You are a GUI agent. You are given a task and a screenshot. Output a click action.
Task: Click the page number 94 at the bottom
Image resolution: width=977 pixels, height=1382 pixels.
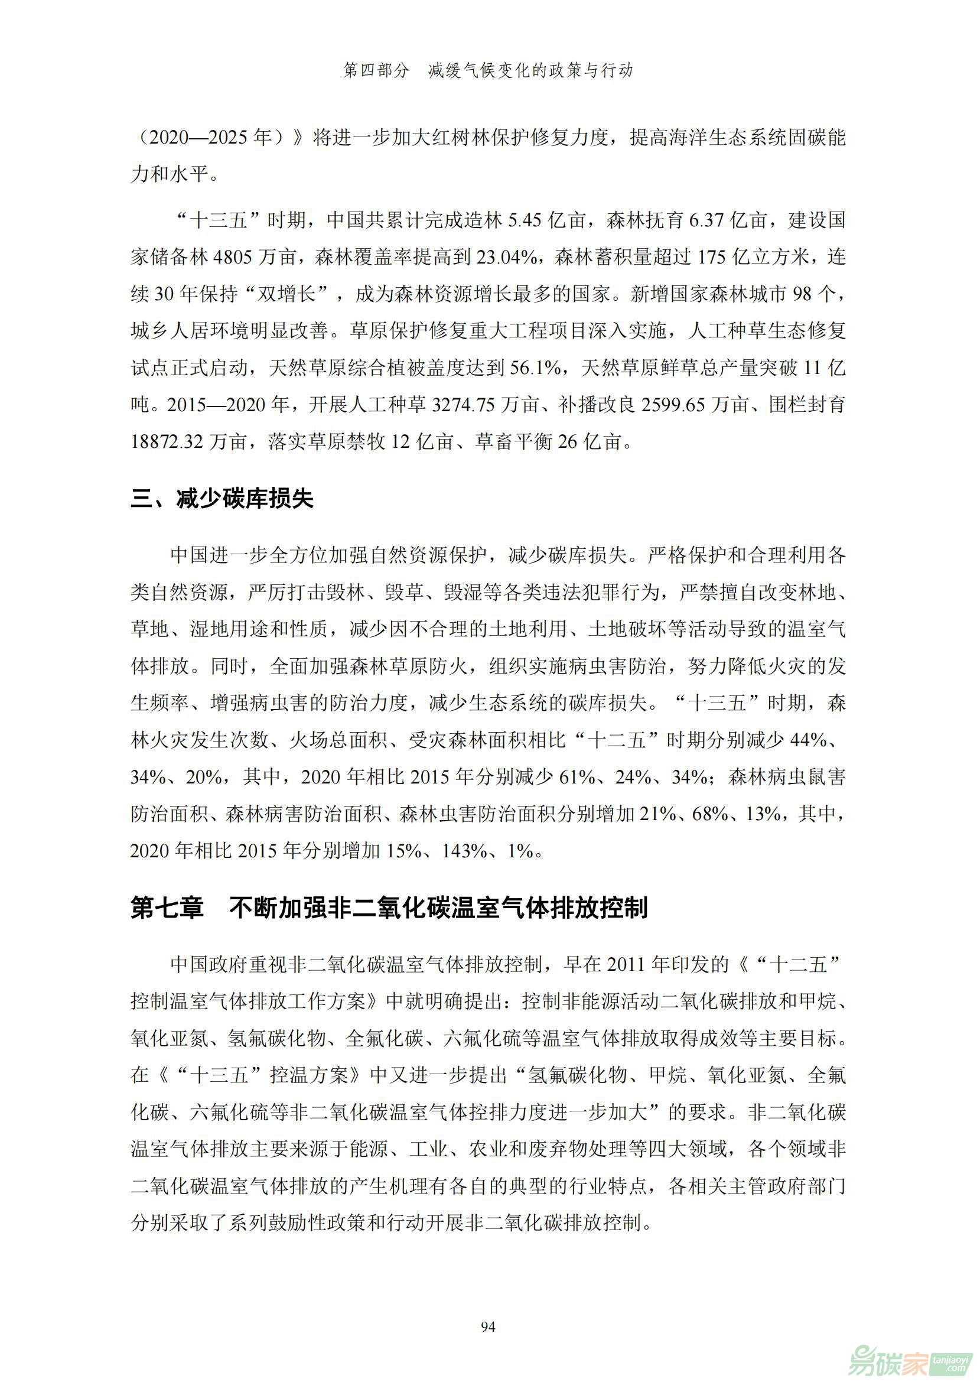coord(488,1326)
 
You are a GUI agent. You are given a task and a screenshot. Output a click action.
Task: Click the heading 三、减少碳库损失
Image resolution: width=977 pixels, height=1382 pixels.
coord(222,499)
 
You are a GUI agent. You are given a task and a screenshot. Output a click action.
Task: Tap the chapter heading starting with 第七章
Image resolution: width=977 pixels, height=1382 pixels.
coord(389,908)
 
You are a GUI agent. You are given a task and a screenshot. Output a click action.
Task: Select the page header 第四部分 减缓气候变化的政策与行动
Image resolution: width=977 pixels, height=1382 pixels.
coord(488,70)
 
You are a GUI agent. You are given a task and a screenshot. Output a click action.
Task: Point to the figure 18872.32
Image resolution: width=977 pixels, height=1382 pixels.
coord(167,443)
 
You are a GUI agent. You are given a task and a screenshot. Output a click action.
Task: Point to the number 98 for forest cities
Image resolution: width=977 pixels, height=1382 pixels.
coord(803,294)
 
